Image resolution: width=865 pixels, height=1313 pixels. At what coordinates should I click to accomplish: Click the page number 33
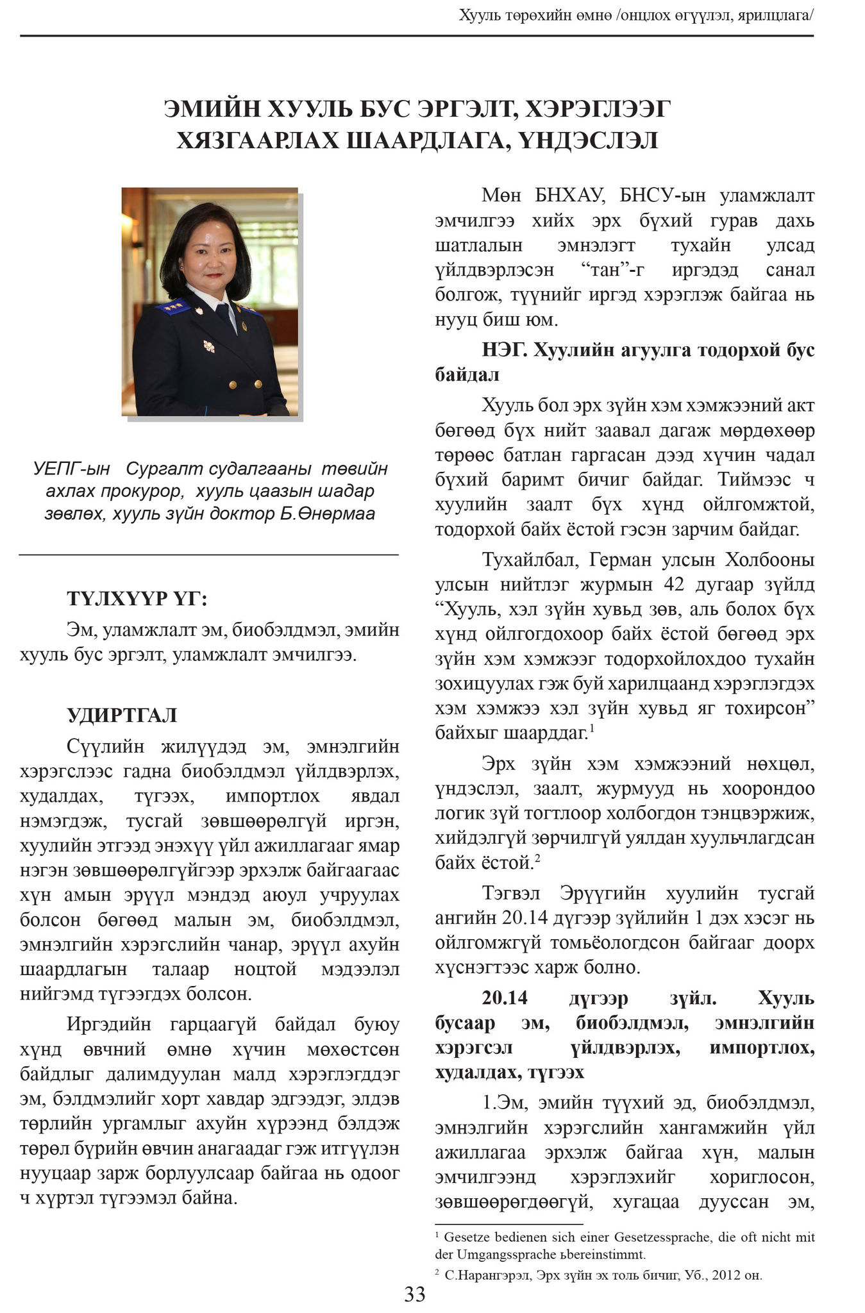[415, 1294]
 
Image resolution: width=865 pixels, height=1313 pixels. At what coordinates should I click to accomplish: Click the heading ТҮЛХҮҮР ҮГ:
[137, 599]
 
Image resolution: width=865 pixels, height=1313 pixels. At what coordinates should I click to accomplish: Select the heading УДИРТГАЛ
[122, 715]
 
